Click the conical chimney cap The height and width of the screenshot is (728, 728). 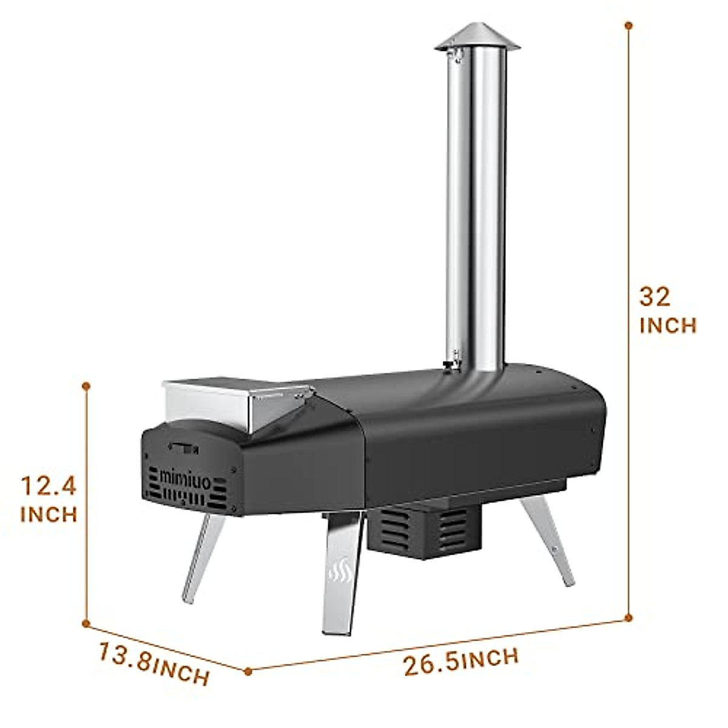[477, 36]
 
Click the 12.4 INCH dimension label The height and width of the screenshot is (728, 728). [49, 499]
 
